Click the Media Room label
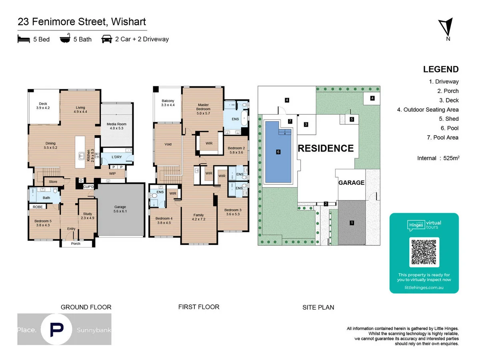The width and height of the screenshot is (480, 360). [x=116, y=126]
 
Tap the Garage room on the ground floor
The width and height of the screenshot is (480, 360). [x=120, y=209]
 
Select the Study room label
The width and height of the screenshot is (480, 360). [x=87, y=216]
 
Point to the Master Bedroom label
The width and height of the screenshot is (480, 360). [x=203, y=109]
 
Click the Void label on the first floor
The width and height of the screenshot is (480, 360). [x=168, y=144]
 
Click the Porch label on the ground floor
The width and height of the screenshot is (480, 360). [x=76, y=244]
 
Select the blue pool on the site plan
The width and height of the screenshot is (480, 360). [x=278, y=152]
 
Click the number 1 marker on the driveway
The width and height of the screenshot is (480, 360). [x=352, y=223]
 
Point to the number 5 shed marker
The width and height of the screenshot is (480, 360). [x=352, y=119]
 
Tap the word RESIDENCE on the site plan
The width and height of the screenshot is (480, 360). [x=326, y=148]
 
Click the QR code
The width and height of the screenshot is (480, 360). [x=424, y=252]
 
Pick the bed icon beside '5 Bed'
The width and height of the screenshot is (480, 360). [x=24, y=39]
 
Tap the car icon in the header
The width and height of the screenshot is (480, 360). [x=106, y=39]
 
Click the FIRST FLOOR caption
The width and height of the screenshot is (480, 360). [x=199, y=307]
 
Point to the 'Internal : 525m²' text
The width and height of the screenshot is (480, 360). [x=438, y=158]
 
